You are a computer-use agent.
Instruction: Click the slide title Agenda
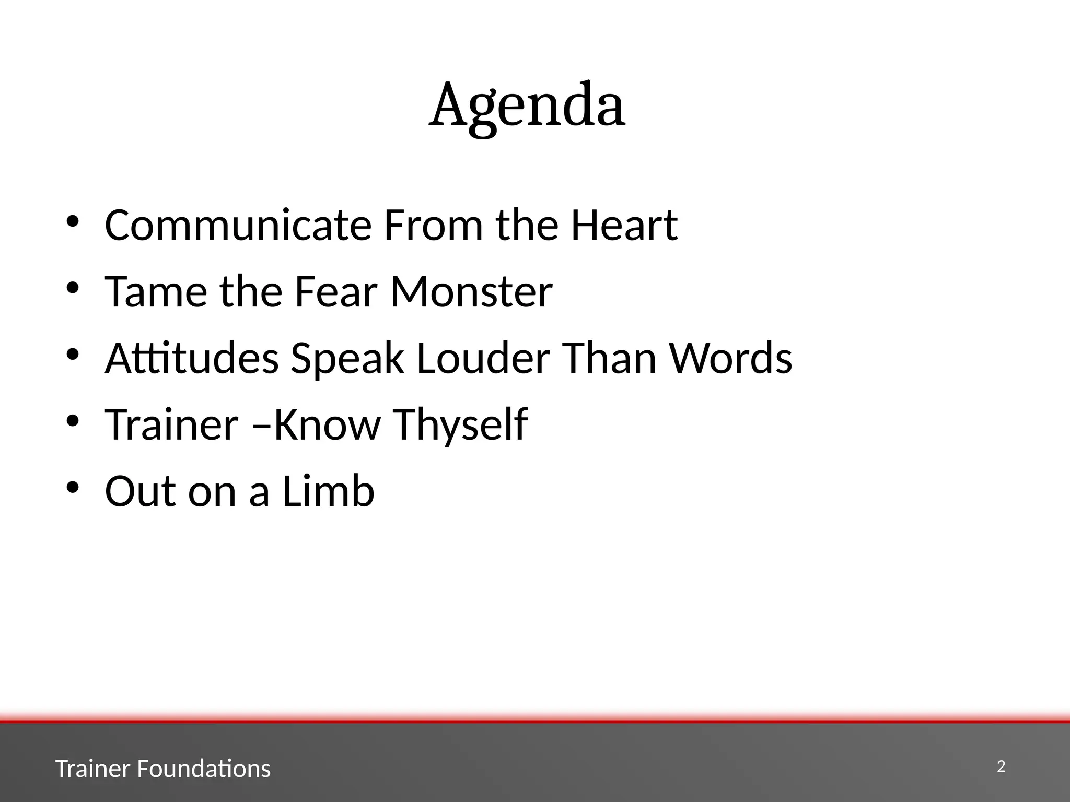coord(527,105)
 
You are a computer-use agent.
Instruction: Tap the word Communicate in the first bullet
coord(238,225)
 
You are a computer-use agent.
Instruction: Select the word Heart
coord(624,225)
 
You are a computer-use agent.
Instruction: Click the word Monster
coord(471,291)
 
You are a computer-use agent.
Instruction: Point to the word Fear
coord(335,291)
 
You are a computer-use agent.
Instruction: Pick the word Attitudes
coord(192,358)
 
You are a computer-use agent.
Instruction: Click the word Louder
coord(483,358)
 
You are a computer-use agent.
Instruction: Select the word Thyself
coord(460,425)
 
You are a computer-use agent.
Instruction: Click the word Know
coord(327,424)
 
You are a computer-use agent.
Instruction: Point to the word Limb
coord(328,491)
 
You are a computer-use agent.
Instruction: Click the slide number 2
coord(1001,766)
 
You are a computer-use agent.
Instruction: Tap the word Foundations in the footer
coord(204,769)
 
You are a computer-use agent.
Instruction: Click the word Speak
coord(347,359)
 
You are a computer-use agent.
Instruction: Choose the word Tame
coord(156,291)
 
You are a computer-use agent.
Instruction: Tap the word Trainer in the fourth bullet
coord(172,424)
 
